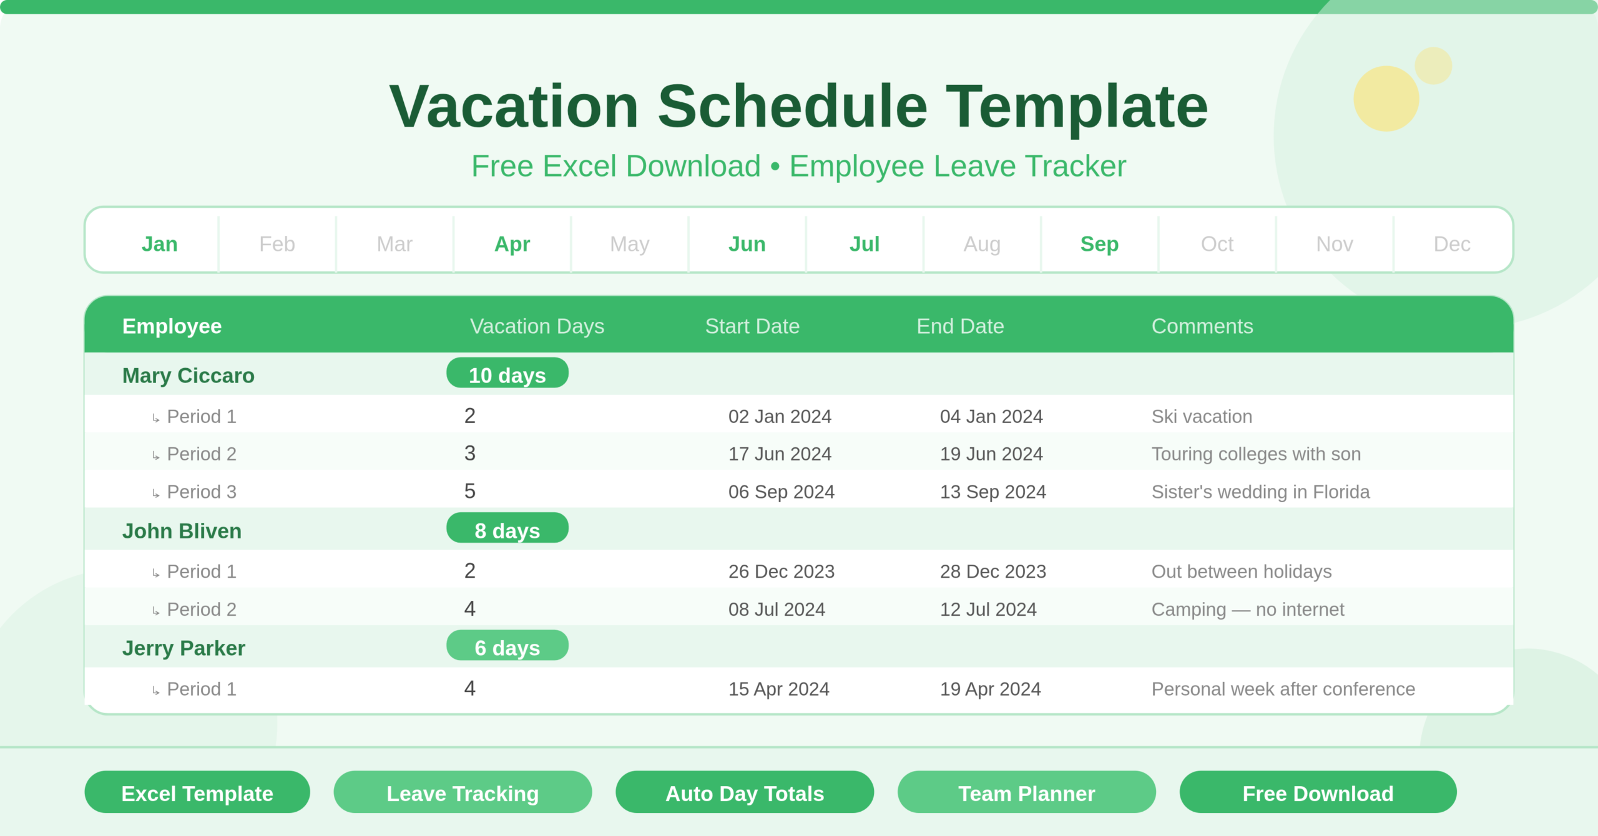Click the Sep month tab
(1099, 244)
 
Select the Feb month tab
(277, 244)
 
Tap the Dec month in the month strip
(1452, 244)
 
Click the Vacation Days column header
(537, 326)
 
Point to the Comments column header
(1202, 326)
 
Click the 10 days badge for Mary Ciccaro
(507, 374)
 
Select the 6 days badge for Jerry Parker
(507, 646)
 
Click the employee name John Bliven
(182, 531)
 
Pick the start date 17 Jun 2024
(780, 454)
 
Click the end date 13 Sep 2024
(993, 492)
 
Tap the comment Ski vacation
(1202, 417)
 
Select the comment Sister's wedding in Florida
(1260, 492)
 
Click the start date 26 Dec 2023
(781, 571)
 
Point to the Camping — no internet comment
(1247, 610)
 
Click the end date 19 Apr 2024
(990, 689)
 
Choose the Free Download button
(1318, 793)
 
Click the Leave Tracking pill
(463, 793)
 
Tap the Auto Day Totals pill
(745, 793)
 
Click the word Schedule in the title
(792, 107)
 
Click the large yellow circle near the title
(1386, 99)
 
